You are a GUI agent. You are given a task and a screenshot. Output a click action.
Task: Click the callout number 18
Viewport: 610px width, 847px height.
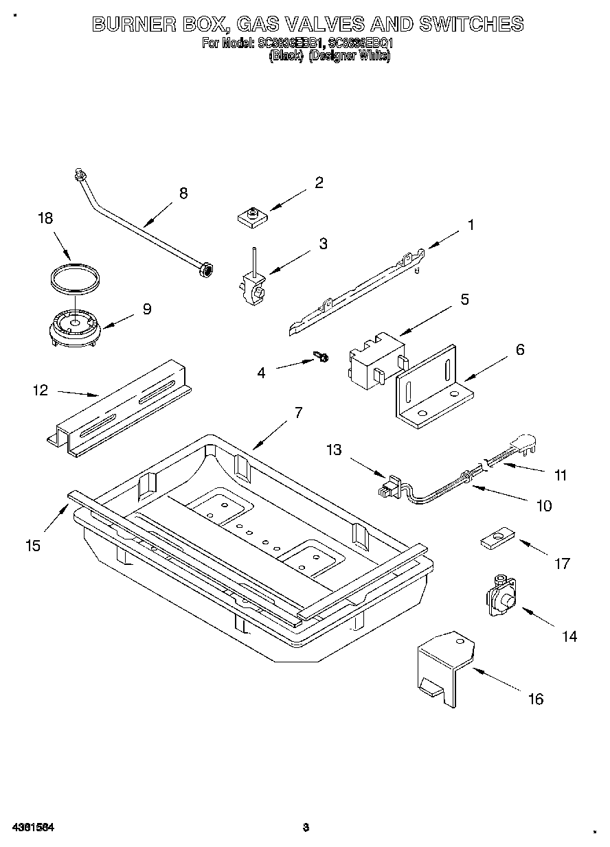click(45, 218)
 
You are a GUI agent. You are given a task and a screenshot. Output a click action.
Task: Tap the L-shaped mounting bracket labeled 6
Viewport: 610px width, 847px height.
click(433, 391)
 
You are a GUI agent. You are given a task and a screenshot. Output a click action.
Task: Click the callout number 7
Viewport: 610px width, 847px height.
click(298, 413)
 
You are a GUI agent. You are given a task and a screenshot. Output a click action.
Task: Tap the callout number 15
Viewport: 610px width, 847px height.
click(32, 546)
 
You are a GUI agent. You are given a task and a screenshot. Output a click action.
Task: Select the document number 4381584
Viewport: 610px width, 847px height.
click(33, 828)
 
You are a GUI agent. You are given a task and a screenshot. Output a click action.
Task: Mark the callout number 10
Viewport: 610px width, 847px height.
click(543, 506)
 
